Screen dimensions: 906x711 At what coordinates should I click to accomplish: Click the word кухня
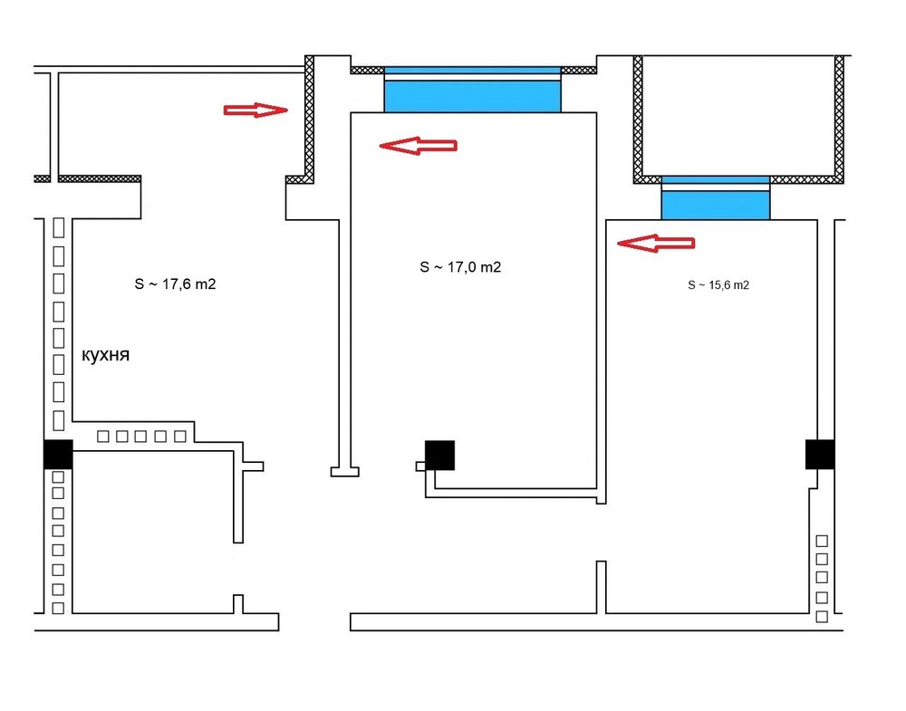[105, 355]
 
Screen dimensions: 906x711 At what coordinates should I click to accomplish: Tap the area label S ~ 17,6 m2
[175, 284]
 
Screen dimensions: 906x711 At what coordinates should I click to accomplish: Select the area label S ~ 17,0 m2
[460, 267]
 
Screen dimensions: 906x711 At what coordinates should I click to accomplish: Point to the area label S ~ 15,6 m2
[718, 284]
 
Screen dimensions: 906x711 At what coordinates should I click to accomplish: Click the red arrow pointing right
[255, 110]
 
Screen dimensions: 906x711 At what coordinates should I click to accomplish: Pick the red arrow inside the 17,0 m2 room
[419, 146]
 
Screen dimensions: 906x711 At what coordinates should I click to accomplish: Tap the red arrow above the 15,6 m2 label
[656, 243]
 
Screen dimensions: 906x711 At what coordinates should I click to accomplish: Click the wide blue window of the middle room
[473, 90]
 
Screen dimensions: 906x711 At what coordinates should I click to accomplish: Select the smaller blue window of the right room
[716, 198]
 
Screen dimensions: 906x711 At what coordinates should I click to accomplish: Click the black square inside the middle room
[439, 456]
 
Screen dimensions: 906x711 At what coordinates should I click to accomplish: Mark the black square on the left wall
[58, 454]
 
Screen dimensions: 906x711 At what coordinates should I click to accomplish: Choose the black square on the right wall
[820, 454]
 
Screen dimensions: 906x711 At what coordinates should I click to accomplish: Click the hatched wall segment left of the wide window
[368, 70]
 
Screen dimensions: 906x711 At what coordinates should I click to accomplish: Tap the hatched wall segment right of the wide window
[579, 70]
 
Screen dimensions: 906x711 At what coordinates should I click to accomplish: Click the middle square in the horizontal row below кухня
[140, 437]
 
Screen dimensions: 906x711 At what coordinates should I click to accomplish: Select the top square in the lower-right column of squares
[822, 542]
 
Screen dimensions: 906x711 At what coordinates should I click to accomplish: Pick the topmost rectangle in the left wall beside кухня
[58, 228]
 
